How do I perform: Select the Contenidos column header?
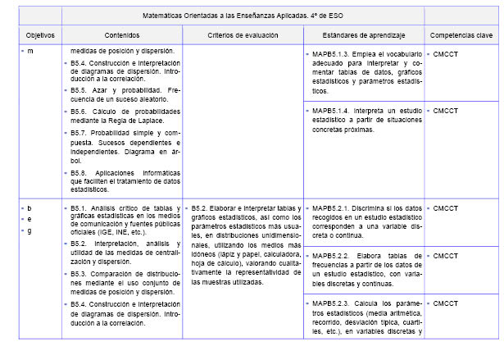(122, 35)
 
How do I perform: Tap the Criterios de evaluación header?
(243, 35)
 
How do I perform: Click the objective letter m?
(30, 52)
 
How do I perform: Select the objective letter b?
(30, 208)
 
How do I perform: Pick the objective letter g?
(30, 231)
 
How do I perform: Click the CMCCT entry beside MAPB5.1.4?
(445, 110)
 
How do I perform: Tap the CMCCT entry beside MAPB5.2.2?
(445, 256)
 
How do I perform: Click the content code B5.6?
(79, 110)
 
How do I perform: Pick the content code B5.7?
(79, 132)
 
